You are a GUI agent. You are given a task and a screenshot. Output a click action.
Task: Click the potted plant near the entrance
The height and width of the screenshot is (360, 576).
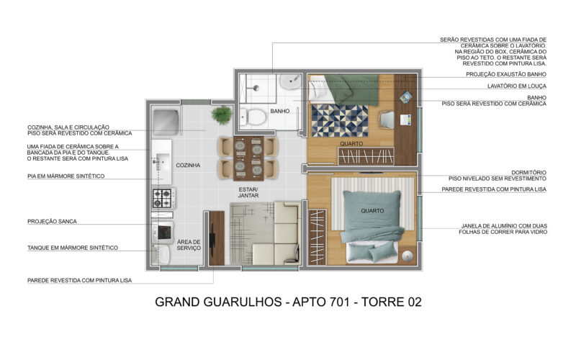click(222, 114)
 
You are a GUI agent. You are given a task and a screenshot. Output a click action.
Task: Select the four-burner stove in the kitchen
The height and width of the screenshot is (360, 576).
click(163, 198)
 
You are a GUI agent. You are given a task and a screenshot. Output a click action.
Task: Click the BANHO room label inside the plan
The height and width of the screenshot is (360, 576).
click(280, 111)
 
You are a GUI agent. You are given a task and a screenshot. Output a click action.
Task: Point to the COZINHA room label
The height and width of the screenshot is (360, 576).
click(188, 166)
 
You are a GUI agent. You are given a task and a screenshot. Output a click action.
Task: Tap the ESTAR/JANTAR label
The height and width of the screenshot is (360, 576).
click(248, 192)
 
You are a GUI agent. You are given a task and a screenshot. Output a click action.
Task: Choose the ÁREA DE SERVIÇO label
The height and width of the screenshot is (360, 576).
click(189, 245)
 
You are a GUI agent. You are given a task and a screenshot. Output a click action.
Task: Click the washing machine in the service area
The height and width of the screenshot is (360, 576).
click(163, 232)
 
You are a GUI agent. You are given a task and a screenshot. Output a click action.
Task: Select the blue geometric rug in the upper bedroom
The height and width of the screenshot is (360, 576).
click(340, 120)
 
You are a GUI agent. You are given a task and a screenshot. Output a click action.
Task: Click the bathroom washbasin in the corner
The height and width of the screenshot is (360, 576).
click(290, 81)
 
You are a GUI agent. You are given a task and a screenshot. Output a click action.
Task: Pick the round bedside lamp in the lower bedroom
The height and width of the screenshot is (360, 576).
click(407, 256)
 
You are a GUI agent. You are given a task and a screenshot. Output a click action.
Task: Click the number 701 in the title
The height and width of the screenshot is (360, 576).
click(337, 302)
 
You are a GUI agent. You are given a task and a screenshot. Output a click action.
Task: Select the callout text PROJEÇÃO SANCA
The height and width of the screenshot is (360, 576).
click(52, 222)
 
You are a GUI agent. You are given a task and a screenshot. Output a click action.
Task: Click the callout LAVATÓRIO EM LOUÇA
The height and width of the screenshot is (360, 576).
click(517, 86)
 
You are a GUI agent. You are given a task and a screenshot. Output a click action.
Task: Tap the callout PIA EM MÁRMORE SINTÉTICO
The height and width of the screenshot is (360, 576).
click(66, 176)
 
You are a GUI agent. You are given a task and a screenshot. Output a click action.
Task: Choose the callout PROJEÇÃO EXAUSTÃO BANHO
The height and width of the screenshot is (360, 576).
click(506, 74)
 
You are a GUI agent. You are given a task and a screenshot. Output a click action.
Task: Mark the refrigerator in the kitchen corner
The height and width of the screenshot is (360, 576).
click(166, 120)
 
